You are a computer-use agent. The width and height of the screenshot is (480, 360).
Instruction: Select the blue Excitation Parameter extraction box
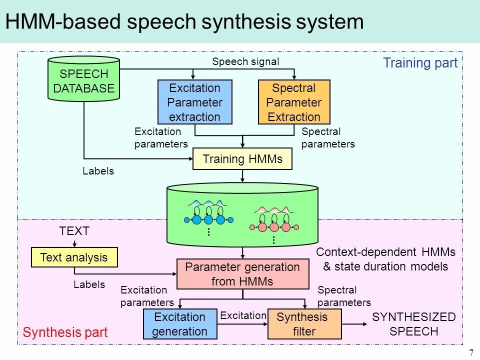pyautogui.click(x=195, y=102)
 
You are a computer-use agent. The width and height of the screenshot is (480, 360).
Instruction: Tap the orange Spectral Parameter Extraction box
pyautogui.click(x=294, y=102)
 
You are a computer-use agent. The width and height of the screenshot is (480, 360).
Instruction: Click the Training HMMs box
pyautogui.click(x=242, y=159)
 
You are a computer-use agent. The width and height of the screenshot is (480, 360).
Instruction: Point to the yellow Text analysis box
pyautogui.click(x=74, y=257)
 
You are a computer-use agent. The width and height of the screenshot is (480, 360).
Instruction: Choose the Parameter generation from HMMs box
pyautogui.click(x=242, y=274)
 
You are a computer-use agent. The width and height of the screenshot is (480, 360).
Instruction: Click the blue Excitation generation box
pyautogui.click(x=179, y=324)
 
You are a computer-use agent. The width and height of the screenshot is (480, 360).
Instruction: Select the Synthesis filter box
pyautogui.click(x=304, y=324)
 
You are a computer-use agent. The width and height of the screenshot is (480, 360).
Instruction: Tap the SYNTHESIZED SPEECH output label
pyautogui.click(x=414, y=324)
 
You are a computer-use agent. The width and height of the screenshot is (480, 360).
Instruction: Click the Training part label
pyautogui.click(x=420, y=63)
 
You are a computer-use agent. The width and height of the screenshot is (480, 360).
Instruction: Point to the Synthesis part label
pyautogui.click(x=65, y=332)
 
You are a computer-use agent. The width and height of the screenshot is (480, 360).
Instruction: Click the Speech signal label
pyautogui.click(x=245, y=61)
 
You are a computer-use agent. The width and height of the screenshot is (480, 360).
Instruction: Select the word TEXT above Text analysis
pyautogui.click(x=74, y=231)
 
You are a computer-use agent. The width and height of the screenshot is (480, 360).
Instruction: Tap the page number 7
pyautogui.click(x=471, y=353)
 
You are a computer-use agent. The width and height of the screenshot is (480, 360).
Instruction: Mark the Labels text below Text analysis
pyautogui.click(x=89, y=284)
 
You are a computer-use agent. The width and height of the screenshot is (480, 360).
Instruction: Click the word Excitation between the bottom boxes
pyautogui.click(x=243, y=315)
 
